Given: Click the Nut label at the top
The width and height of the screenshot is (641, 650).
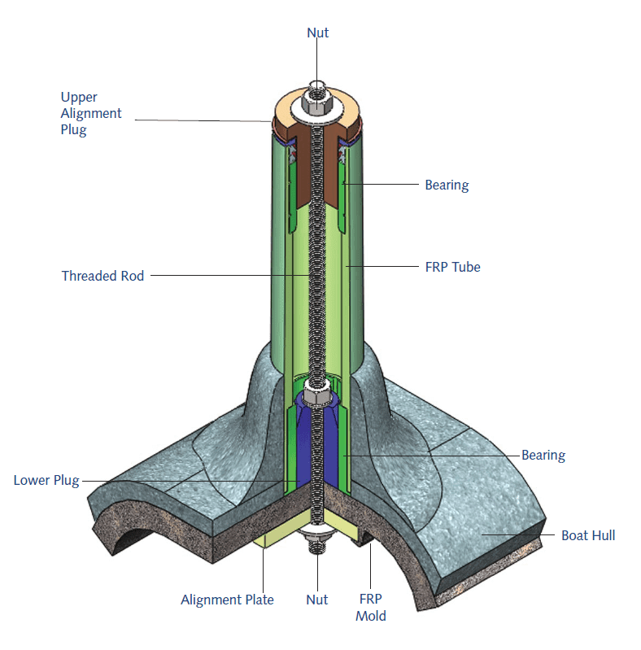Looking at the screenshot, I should click(x=317, y=33).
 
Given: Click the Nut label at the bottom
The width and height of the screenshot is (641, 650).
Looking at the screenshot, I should click(x=317, y=600).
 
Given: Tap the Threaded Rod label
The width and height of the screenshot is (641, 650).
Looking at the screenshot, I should click(x=102, y=276).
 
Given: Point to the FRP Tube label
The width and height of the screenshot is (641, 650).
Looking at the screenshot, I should click(x=453, y=266).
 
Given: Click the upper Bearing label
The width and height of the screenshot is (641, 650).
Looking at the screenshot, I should click(x=447, y=185).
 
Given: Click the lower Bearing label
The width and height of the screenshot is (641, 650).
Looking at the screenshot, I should click(x=543, y=455).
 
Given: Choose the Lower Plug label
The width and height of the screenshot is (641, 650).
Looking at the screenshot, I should click(x=46, y=480).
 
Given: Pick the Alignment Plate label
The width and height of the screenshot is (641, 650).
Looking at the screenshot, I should click(x=227, y=600).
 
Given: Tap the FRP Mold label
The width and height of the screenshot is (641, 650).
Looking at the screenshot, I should click(x=371, y=607).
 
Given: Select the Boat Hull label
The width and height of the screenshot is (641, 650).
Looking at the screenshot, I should click(x=588, y=535).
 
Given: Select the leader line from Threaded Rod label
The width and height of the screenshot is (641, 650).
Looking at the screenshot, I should click(x=228, y=275).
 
